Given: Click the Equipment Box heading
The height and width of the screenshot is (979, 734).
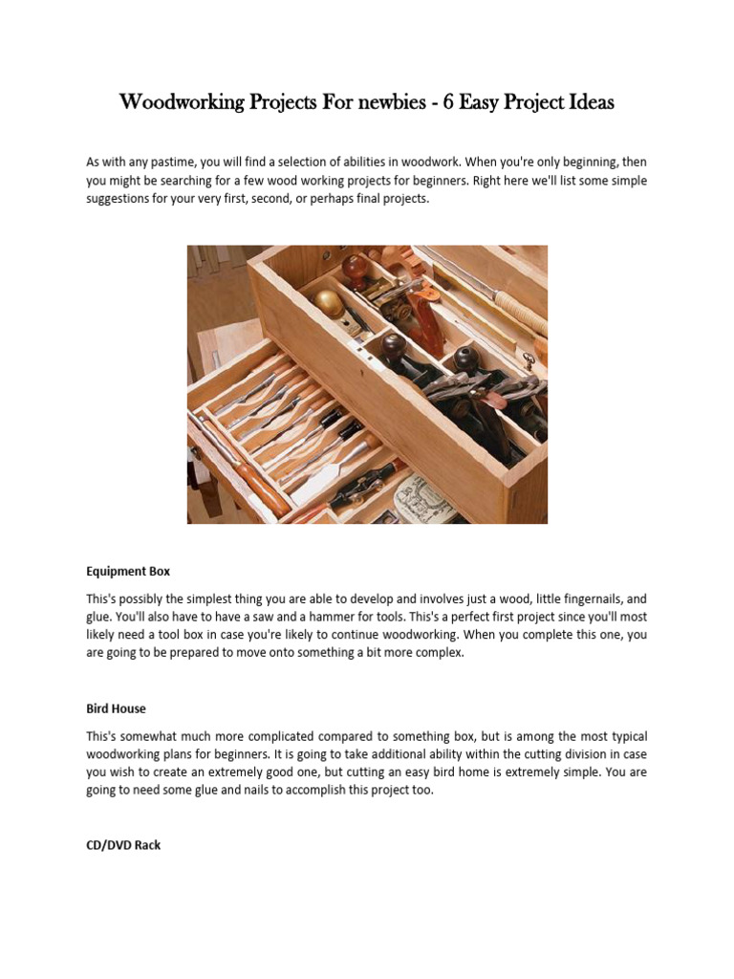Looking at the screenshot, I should click(128, 571).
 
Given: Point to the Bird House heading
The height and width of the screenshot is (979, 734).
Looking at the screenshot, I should click(116, 709).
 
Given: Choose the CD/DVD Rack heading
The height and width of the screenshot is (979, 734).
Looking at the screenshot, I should click(123, 846).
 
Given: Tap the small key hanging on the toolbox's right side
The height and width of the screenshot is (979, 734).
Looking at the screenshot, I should click(528, 359).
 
